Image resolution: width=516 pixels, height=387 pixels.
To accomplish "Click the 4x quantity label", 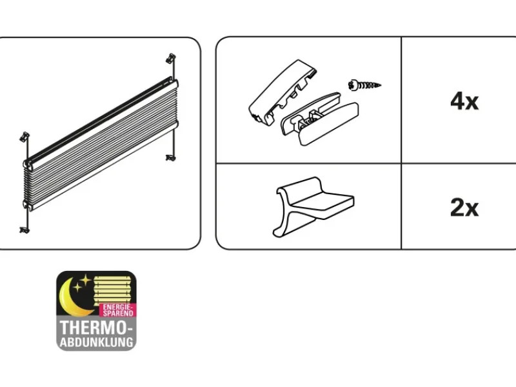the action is (x=464, y=101).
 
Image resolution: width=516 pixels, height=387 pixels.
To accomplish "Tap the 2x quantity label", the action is (x=464, y=208).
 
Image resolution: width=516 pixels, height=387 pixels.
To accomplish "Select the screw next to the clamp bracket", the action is (x=364, y=85).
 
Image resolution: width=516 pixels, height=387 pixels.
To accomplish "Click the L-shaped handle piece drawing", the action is (x=313, y=206).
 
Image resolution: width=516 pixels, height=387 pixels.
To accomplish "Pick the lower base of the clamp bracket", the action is (x=320, y=119).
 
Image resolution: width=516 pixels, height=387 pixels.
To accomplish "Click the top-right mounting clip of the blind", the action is (x=171, y=58).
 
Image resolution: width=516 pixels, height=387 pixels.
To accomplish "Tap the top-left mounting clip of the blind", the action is (x=25, y=137).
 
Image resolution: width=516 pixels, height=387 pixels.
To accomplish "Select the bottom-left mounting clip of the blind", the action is (x=25, y=230).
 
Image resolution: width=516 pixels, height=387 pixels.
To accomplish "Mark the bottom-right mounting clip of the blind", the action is (x=170, y=157).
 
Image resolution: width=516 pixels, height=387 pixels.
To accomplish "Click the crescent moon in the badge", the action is (x=71, y=298).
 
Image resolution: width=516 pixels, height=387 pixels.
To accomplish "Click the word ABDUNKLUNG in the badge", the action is (x=96, y=342).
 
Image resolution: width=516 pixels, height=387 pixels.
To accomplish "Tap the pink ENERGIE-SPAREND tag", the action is (x=117, y=310).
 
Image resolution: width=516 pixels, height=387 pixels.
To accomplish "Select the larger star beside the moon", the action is (x=86, y=281).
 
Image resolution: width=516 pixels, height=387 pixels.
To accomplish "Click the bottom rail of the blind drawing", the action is (x=102, y=166).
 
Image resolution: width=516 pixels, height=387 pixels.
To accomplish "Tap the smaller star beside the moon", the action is (x=77, y=287).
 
